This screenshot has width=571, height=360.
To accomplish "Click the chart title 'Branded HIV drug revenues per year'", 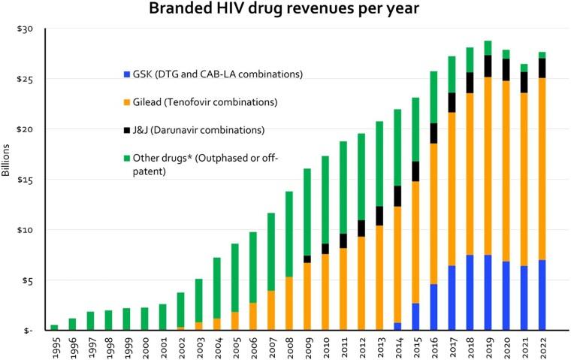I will (x=285, y=11).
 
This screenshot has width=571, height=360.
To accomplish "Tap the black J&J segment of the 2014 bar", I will (x=397, y=196).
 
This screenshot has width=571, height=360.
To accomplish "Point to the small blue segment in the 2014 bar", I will (x=397, y=326).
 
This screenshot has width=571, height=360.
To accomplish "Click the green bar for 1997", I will (x=90, y=321).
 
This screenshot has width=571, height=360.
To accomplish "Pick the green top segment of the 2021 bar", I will (x=523, y=68).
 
